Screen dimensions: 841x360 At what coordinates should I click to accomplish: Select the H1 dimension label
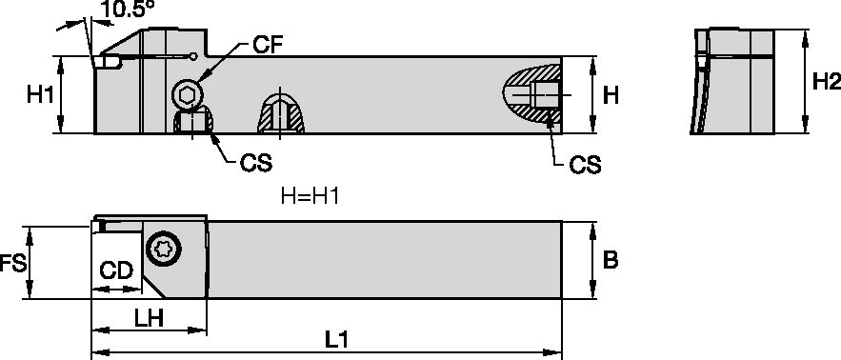pyautogui.click(x=41, y=95)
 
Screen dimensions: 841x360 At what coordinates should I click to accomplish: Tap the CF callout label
pyautogui.click(x=267, y=46)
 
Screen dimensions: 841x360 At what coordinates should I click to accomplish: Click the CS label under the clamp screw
pyautogui.click(x=255, y=164)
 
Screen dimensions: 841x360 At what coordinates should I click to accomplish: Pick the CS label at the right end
pyautogui.click(x=585, y=166)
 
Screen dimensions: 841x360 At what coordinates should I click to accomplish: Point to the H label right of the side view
pyautogui.click(x=611, y=96)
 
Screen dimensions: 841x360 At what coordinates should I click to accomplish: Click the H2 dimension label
pyautogui.click(x=826, y=82)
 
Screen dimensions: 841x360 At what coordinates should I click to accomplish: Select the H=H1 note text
pyautogui.click(x=310, y=196)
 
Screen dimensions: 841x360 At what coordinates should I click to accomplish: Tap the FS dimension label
pyautogui.click(x=12, y=264)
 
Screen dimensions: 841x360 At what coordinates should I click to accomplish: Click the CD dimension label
pyautogui.click(x=116, y=270)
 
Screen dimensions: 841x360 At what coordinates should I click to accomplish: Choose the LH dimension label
pyautogui.click(x=149, y=319)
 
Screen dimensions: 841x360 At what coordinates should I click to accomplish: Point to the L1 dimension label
pyautogui.click(x=337, y=341)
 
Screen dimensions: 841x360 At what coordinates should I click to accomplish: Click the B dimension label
pyautogui.click(x=611, y=261)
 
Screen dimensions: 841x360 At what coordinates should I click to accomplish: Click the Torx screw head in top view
pyautogui.click(x=164, y=249)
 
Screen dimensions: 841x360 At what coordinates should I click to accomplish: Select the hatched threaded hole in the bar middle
pyautogui.click(x=281, y=113)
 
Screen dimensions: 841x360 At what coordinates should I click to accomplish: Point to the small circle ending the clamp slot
pyautogui.click(x=193, y=56)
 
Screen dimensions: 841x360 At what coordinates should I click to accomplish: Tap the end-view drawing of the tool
pyautogui.click(x=732, y=82)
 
